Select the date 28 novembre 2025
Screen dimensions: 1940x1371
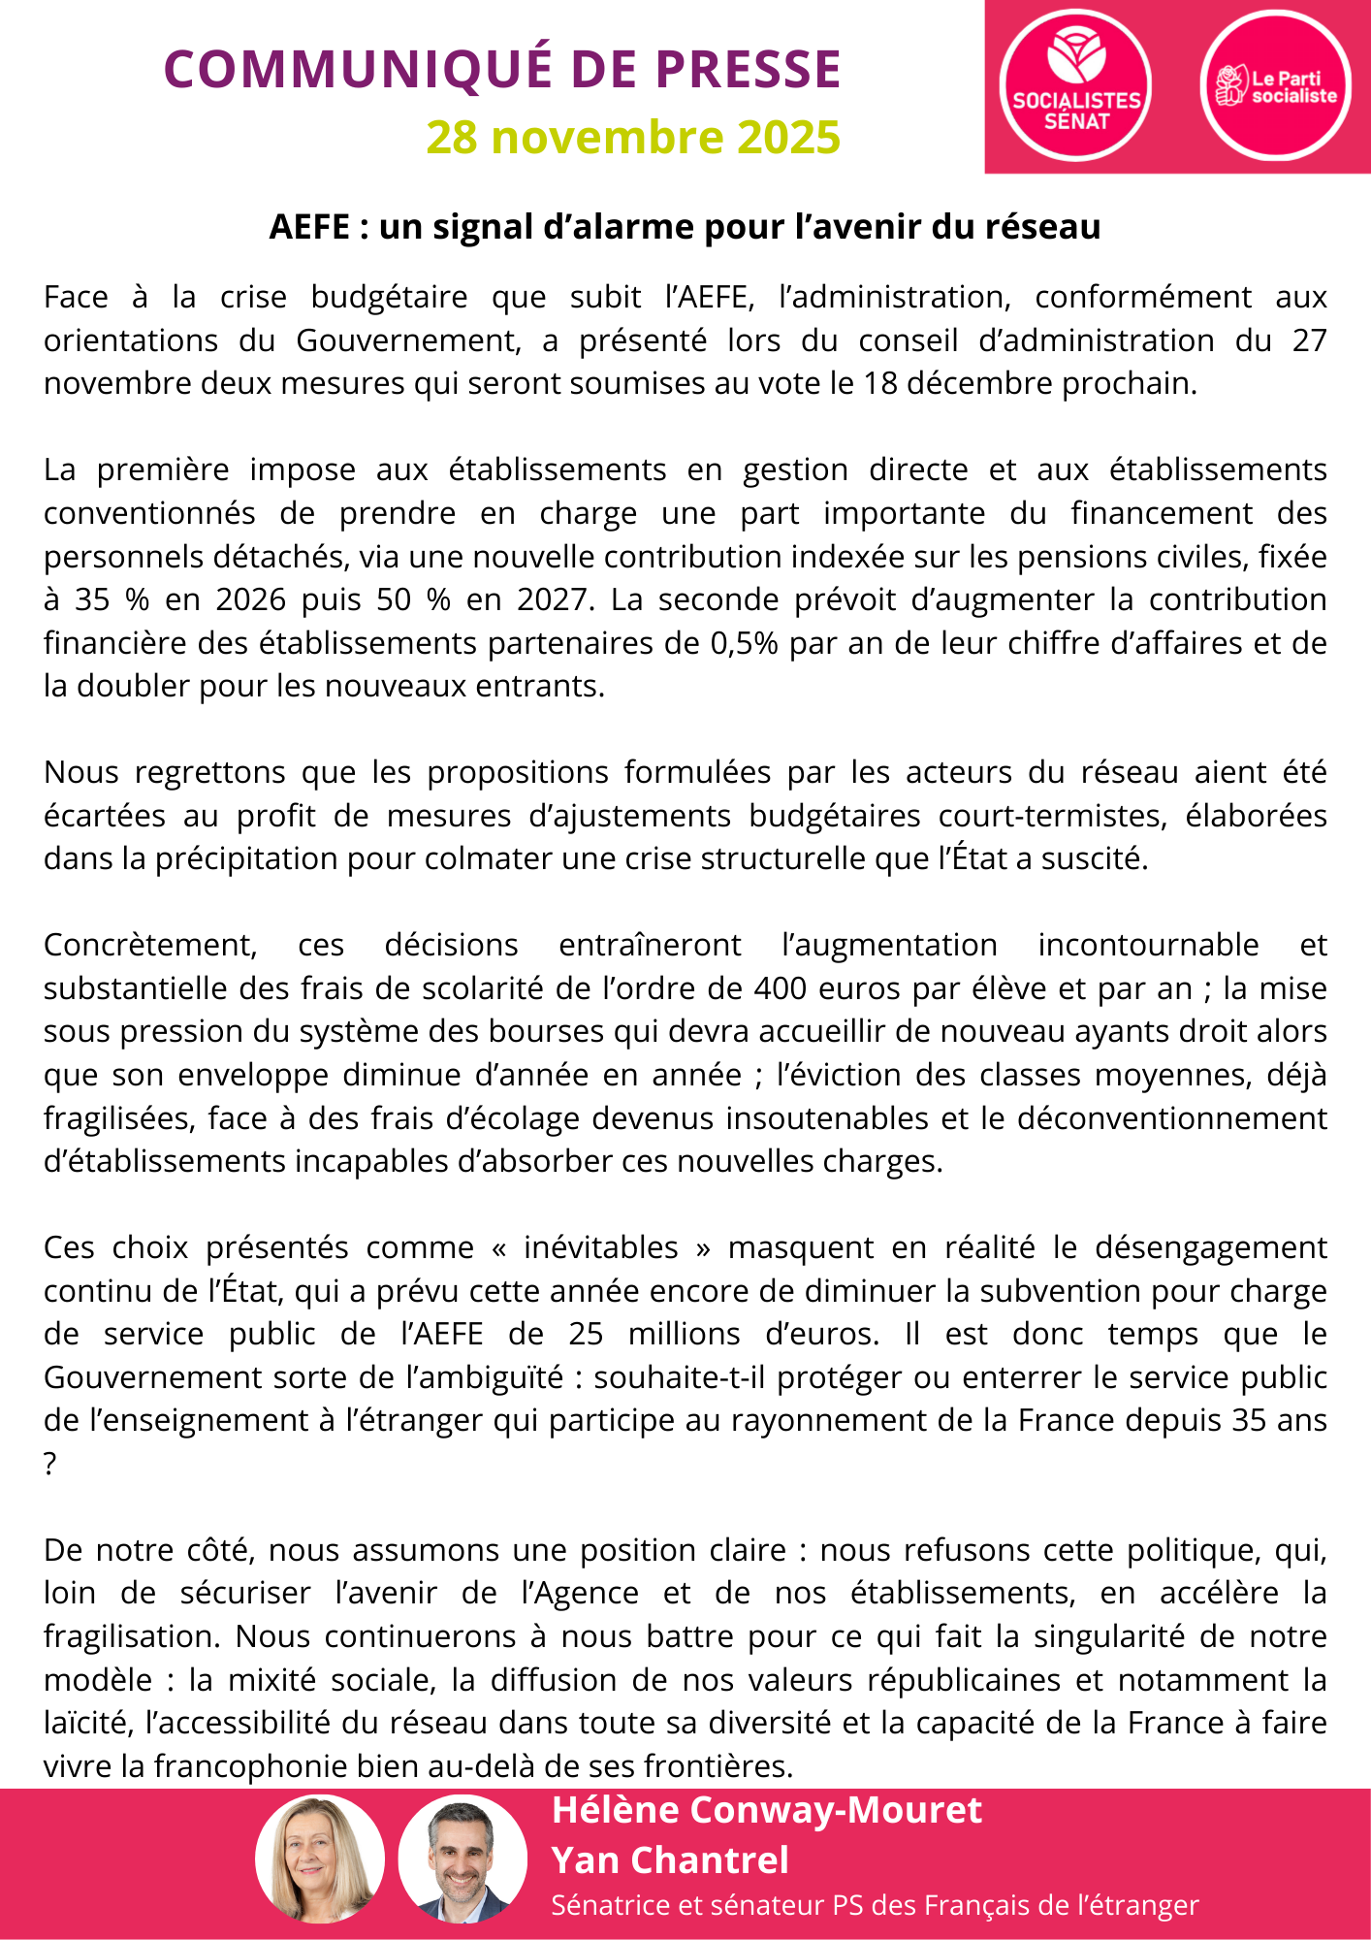pos(633,138)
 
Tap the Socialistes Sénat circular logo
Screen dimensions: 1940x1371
pos(1076,85)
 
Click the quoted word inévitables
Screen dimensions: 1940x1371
pos(600,1248)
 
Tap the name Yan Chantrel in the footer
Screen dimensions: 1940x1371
pos(670,1860)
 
